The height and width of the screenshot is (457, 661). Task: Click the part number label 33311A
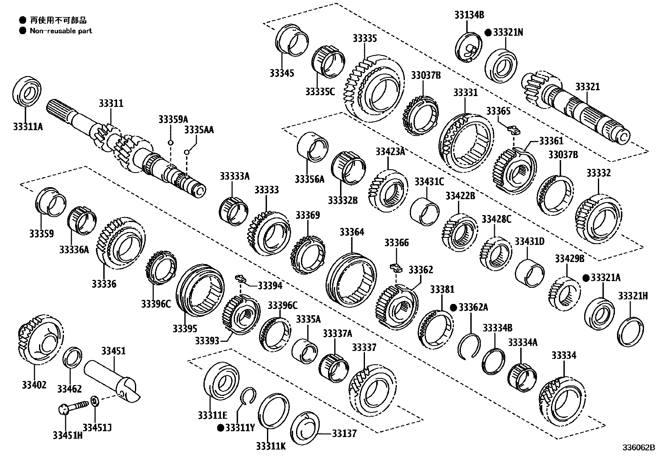pos(28,126)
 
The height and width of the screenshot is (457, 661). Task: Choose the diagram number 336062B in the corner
pos(638,448)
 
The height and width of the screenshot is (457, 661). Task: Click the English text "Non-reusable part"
pos(61,31)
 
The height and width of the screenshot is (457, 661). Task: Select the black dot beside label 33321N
pos(488,32)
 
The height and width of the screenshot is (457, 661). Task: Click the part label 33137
pos(344,433)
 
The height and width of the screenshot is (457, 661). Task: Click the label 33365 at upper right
pos(498,111)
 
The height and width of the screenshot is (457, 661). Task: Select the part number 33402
pos(34,385)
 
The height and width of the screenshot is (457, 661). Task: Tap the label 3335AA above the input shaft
pos(199,130)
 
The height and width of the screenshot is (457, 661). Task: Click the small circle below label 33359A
pos(170,143)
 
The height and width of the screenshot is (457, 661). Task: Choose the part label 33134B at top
pos(468,15)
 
